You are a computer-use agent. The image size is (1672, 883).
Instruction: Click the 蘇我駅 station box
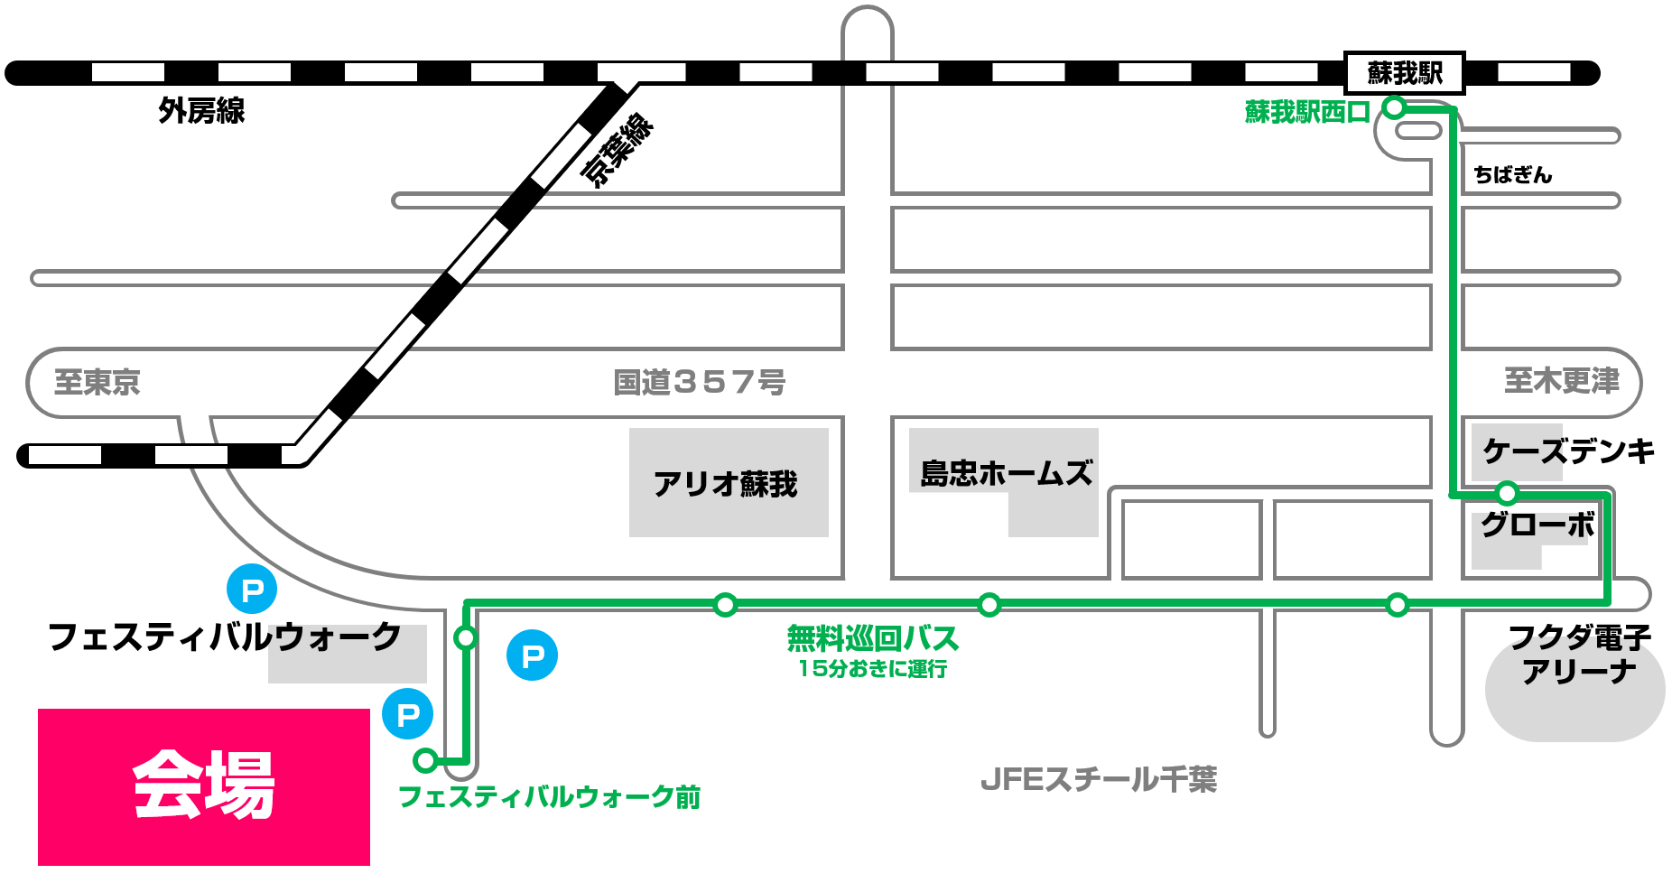click(x=1404, y=72)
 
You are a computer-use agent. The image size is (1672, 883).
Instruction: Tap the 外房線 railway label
click(x=201, y=111)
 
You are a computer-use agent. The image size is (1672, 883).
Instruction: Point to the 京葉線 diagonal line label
click(x=617, y=150)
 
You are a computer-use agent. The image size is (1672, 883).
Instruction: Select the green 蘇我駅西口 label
click(x=1307, y=112)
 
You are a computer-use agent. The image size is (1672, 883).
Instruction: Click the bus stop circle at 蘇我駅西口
click(x=1395, y=108)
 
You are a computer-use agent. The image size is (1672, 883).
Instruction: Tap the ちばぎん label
click(x=1512, y=175)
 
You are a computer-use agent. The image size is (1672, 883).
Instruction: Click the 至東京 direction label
click(x=98, y=382)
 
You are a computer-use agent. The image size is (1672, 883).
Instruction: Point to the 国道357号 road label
click(x=699, y=382)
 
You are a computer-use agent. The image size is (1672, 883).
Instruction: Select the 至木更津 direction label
click(x=1562, y=381)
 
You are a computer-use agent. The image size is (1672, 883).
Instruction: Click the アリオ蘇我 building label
click(x=726, y=484)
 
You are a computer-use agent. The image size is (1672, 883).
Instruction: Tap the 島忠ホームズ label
click(x=1006, y=473)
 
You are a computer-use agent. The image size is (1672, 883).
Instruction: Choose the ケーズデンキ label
click(x=1568, y=451)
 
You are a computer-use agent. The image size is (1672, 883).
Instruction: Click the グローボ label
click(x=1537, y=525)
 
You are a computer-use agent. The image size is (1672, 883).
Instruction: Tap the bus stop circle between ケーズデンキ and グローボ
click(x=1507, y=493)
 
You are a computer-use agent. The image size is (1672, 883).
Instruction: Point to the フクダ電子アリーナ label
click(x=1579, y=655)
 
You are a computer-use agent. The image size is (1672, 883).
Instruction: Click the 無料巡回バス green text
click(x=872, y=639)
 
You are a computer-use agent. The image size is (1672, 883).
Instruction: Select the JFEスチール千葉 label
click(x=1099, y=779)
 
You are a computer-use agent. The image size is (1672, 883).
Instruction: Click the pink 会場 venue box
click(x=204, y=786)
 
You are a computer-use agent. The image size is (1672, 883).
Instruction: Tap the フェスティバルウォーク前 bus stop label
click(x=549, y=797)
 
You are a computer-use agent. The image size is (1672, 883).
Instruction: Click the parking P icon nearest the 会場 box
click(x=408, y=714)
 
